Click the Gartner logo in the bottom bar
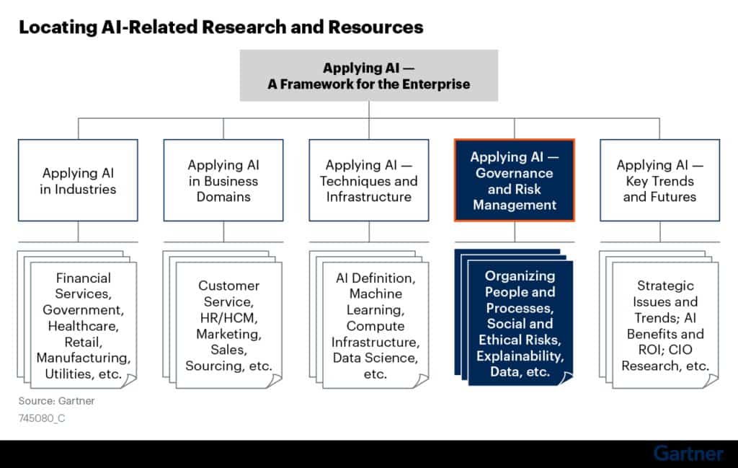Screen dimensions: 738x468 click(688, 454)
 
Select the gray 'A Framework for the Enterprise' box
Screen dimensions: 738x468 click(369, 75)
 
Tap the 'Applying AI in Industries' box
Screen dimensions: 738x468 click(78, 180)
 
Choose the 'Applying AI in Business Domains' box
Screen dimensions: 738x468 click(223, 180)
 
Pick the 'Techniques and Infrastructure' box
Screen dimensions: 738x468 click(369, 180)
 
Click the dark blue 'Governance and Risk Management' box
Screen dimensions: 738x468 click(515, 180)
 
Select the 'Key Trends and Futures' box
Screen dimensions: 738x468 click(660, 180)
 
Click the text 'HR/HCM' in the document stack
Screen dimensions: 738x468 click(228, 318)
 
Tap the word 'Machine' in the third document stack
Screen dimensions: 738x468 click(375, 293)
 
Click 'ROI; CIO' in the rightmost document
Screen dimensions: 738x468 click(665, 349)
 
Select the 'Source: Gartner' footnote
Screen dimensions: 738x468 click(56, 401)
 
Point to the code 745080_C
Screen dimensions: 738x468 click(42, 418)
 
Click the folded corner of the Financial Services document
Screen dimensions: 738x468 click(129, 381)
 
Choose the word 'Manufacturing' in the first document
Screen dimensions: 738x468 click(83, 358)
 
